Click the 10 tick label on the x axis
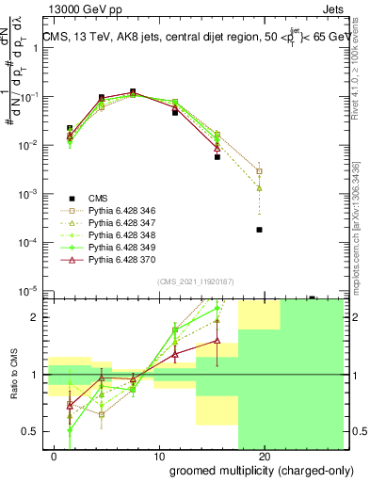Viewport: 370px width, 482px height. click(x=160, y=456)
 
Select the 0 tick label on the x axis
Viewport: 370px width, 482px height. click(x=55, y=456)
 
